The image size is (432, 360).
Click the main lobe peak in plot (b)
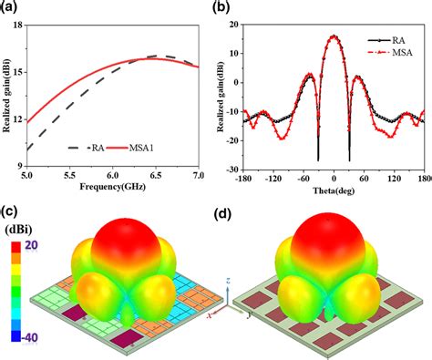coord(334,36)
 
